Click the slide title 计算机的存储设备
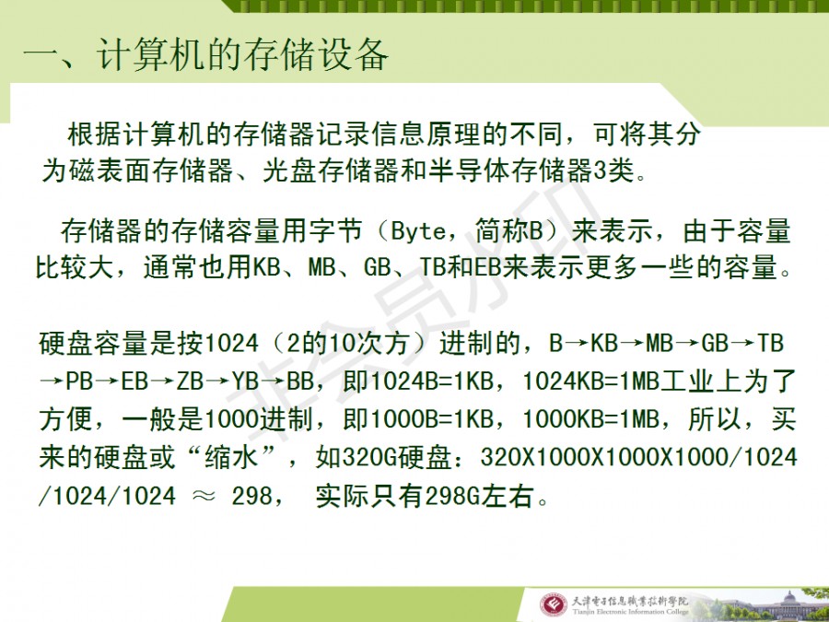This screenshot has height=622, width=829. click(x=242, y=55)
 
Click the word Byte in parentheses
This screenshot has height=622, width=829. click(x=418, y=232)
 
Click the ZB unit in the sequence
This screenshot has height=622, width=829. click(x=190, y=381)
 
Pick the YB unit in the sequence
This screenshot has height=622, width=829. click(x=245, y=381)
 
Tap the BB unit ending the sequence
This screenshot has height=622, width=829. click(x=300, y=381)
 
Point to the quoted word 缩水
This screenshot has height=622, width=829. click(x=230, y=457)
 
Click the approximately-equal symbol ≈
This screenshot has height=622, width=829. click(x=204, y=497)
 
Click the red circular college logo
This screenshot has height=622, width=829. click(x=553, y=605)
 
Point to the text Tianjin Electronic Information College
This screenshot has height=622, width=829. click(x=630, y=612)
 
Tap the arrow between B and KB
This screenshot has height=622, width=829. click(x=576, y=344)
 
